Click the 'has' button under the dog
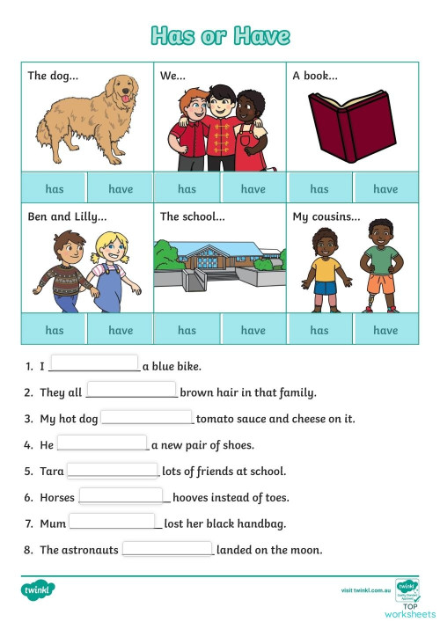click(x=55, y=188)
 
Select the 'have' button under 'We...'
click(x=253, y=188)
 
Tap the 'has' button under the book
click(x=319, y=188)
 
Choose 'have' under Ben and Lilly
click(x=121, y=330)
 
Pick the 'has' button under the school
click(x=187, y=330)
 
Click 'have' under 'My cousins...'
click(x=385, y=330)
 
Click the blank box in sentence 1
click(x=94, y=364)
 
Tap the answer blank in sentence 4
click(x=102, y=443)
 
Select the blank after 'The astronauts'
click(x=167, y=549)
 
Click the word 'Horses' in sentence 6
click(x=57, y=498)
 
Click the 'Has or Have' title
click(x=220, y=36)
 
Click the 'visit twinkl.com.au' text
click(x=364, y=589)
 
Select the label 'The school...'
click(x=193, y=217)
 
